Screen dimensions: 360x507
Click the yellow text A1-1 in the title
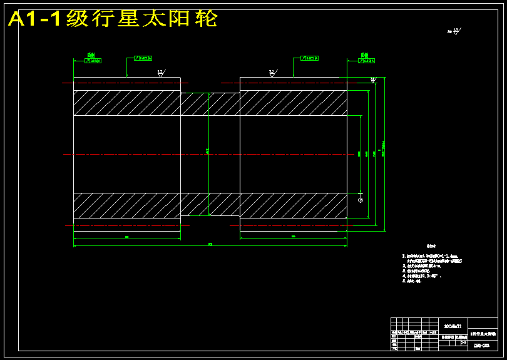click(34, 19)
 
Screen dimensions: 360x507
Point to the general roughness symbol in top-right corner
click(454, 31)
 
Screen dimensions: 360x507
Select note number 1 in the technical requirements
click(431, 256)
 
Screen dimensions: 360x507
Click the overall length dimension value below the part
click(210, 244)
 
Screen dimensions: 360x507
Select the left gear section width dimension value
click(127, 237)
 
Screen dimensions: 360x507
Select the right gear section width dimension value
click(294, 237)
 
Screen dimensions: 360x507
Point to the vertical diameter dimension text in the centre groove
click(208, 150)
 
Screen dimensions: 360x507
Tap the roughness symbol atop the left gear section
click(161, 73)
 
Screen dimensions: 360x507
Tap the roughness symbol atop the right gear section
click(272, 73)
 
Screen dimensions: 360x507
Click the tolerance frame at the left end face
click(93, 61)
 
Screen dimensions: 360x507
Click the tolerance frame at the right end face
click(367, 61)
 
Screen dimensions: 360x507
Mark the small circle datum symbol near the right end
click(361, 200)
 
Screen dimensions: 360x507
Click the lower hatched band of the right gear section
click(293, 205)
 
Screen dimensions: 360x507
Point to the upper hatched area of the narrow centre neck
click(210, 104)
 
